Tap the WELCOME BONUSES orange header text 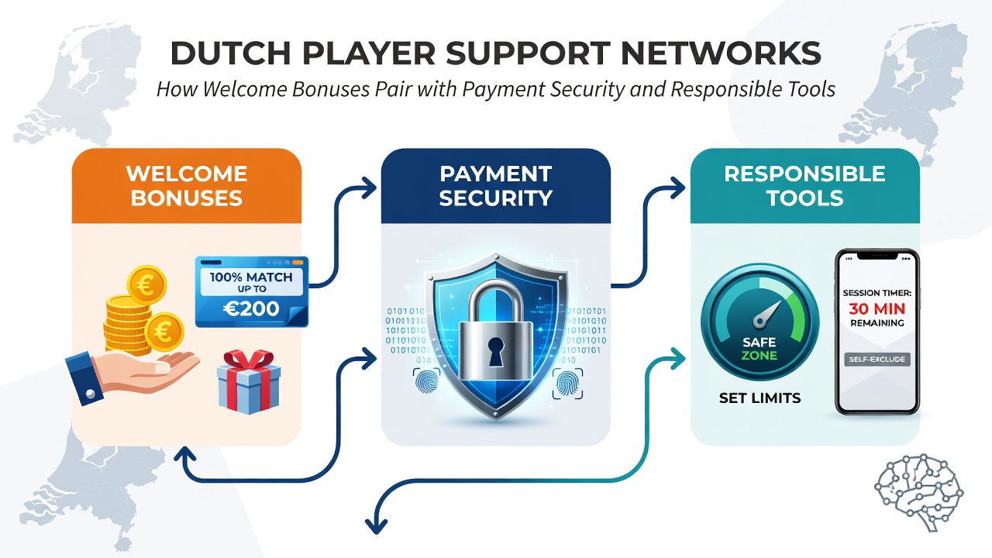click(187, 185)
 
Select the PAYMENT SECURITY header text click(495, 185)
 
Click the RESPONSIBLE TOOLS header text click(804, 185)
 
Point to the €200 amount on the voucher click(251, 308)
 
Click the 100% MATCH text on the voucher click(251, 277)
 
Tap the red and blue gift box click(249, 381)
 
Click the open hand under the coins click(133, 374)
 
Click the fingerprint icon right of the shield click(567, 383)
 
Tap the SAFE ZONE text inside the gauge click(759, 349)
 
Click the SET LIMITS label click(760, 398)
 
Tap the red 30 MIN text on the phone click(877, 308)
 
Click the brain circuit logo click(918, 492)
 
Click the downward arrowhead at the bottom click(376, 526)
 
